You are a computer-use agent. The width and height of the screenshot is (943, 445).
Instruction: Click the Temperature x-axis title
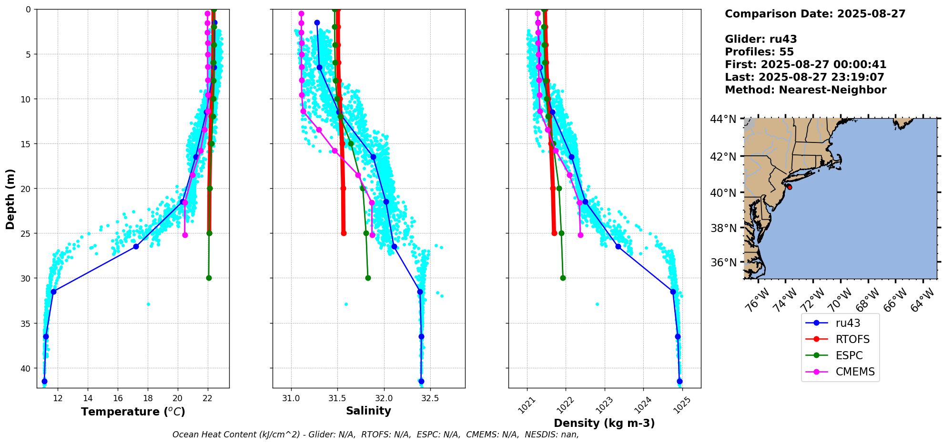click(x=133, y=412)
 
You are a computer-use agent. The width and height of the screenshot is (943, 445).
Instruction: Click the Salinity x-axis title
click(x=368, y=411)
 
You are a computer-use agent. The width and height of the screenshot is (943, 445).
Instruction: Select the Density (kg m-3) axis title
click(x=604, y=423)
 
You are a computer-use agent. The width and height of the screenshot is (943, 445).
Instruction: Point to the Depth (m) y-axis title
click(x=10, y=199)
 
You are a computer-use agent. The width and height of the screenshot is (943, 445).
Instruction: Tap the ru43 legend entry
click(x=848, y=323)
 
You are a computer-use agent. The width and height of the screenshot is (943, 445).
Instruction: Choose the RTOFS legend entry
click(x=852, y=339)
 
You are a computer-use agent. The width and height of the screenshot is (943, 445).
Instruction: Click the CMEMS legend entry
click(x=855, y=372)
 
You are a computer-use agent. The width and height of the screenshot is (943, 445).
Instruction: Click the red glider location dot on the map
click(x=790, y=187)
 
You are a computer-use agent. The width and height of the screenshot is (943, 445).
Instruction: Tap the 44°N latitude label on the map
click(x=723, y=119)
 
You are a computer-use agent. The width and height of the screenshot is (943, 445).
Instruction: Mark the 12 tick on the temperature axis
click(x=58, y=398)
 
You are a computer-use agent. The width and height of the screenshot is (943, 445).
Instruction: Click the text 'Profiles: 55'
click(x=759, y=52)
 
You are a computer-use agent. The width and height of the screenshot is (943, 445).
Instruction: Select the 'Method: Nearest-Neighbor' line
click(x=805, y=90)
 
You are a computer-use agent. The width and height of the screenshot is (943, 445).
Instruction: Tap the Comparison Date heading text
click(x=815, y=14)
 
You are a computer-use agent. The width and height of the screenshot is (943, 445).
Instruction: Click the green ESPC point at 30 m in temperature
click(x=209, y=278)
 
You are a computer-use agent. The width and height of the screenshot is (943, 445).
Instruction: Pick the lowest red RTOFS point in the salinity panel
click(x=344, y=233)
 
